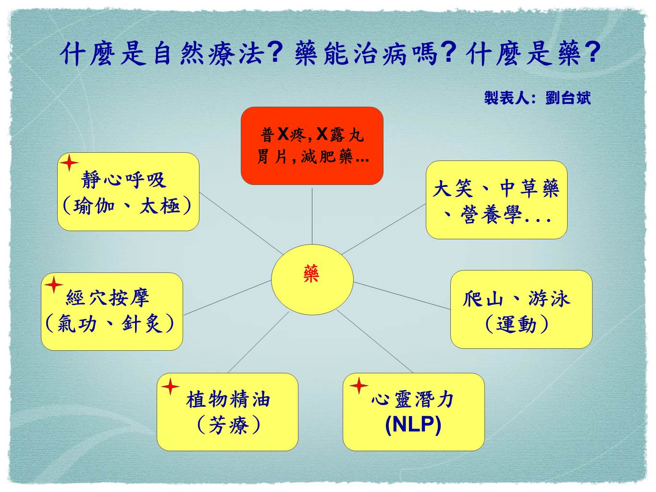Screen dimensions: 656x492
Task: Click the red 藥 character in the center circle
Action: pos(311,273)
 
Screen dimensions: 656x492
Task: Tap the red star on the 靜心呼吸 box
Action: pos(69,163)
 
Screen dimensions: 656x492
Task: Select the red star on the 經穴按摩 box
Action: pos(54,285)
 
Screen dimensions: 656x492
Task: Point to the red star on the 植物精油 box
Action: pos(170,386)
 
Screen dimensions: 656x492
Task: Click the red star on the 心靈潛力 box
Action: pos(359,385)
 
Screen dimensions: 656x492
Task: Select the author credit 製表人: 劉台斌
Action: pos(537,98)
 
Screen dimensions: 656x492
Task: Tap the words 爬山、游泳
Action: pos(517,299)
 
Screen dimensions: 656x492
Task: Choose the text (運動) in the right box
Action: pos(517,324)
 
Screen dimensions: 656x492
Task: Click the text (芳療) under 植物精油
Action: pos(228,425)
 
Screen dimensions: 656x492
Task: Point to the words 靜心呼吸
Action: pos(124,180)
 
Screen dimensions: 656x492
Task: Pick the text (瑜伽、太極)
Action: pos(127,206)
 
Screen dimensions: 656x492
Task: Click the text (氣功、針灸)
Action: pos(110,323)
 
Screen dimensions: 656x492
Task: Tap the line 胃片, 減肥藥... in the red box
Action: pos(313,156)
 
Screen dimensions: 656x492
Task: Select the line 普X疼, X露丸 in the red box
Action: pos(312,135)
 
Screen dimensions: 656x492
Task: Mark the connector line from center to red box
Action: pos(312,216)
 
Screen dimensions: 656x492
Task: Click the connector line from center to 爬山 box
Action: pos(402,295)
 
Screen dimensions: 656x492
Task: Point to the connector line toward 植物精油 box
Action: pos(258,342)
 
